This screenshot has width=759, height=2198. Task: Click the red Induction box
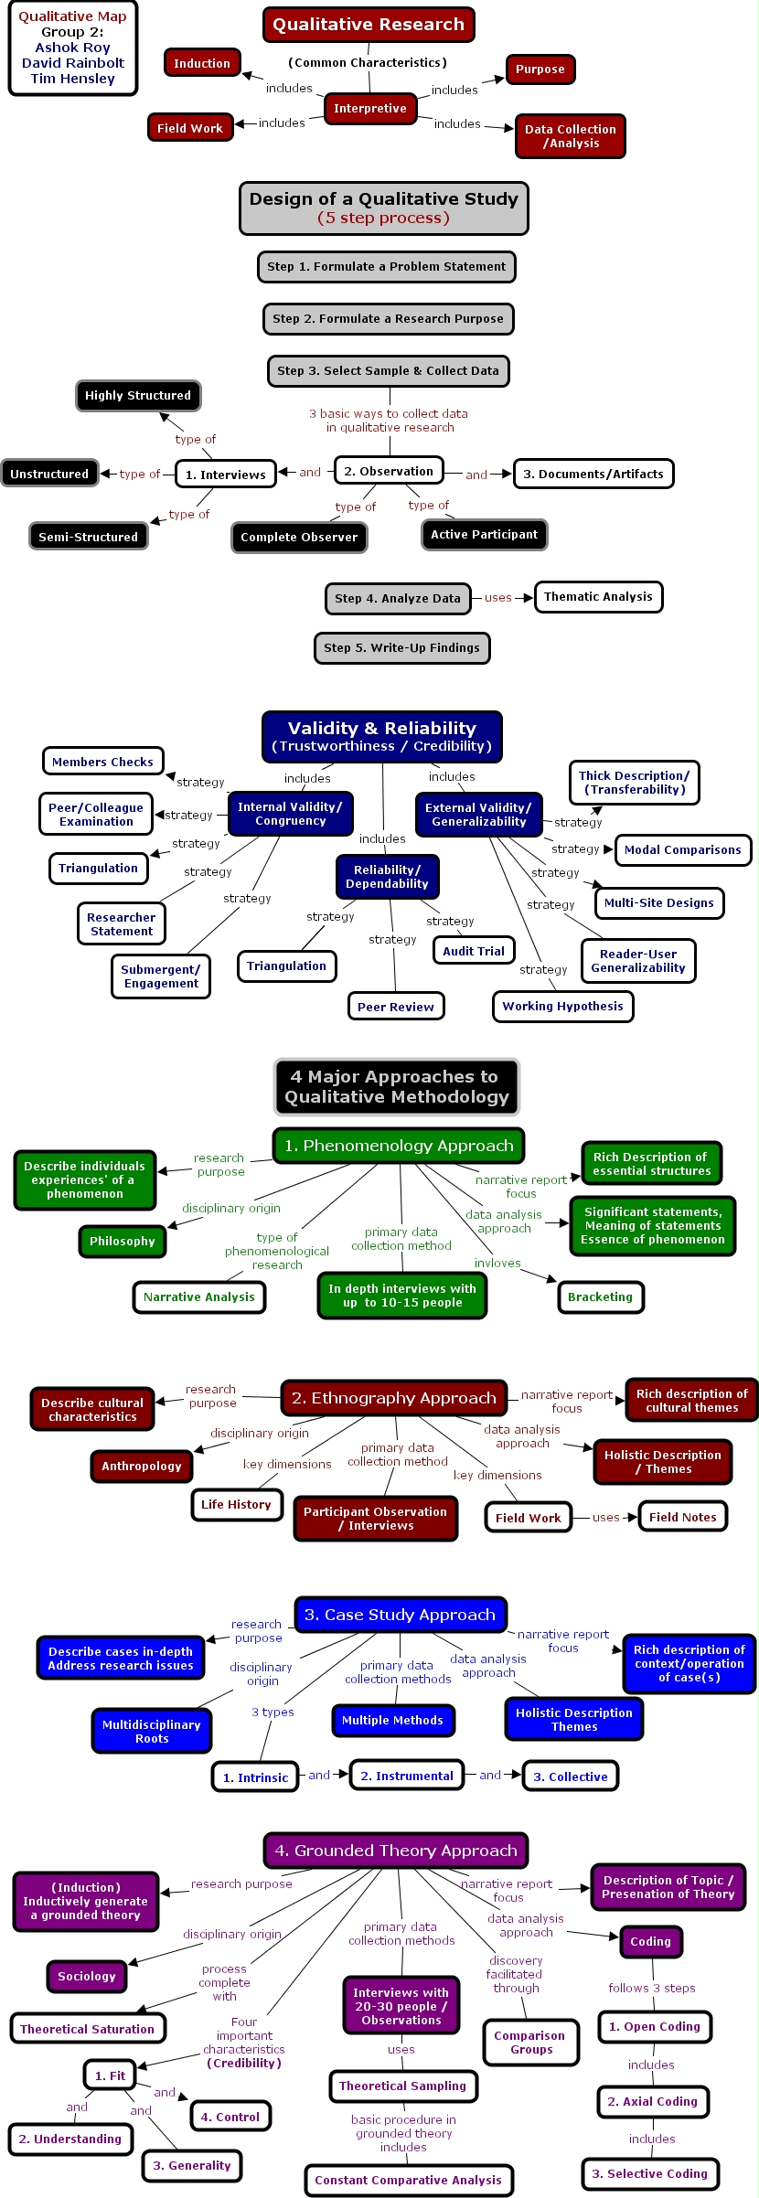202,63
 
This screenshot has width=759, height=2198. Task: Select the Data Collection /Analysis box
570,136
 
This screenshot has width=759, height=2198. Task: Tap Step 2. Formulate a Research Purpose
388,319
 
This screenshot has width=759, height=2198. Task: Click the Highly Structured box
138,396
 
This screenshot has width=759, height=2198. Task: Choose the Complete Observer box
299,538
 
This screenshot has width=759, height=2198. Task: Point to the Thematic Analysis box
598,597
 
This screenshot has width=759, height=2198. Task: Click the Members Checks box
102,762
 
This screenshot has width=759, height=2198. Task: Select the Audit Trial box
474,951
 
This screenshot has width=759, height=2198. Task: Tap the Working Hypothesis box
562,1007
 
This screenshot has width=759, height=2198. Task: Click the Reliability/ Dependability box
387,877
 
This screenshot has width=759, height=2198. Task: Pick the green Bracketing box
600,1296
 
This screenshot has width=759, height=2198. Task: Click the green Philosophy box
123,1241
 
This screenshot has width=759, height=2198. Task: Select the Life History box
236,1504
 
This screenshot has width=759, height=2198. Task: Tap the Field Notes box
682,1517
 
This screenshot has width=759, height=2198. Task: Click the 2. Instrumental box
406,1776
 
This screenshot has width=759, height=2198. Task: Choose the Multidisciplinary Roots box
151,1732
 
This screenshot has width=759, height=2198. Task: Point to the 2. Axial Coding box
652,2101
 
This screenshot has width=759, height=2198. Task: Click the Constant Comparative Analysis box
408,2180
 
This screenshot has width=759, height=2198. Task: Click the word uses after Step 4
498,598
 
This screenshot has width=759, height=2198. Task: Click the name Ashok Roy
72,48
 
